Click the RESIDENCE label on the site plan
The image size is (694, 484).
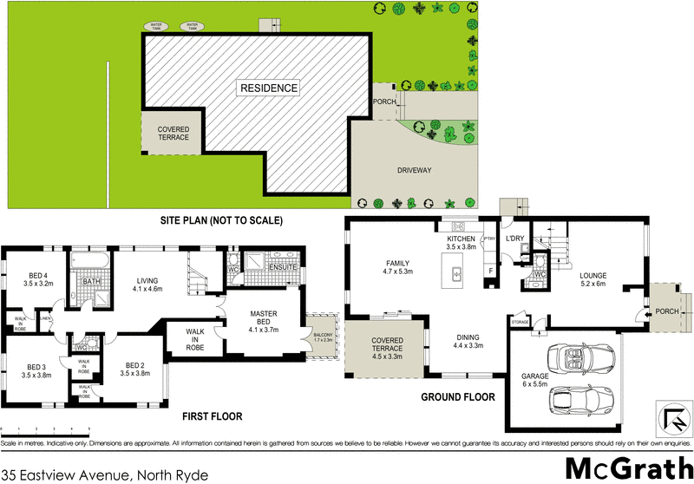[x=269, y=88]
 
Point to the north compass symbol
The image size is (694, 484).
[x=671, y=418]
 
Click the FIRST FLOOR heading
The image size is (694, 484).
[x=212, y=416]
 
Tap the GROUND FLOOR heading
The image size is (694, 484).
[x=457, y=397]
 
